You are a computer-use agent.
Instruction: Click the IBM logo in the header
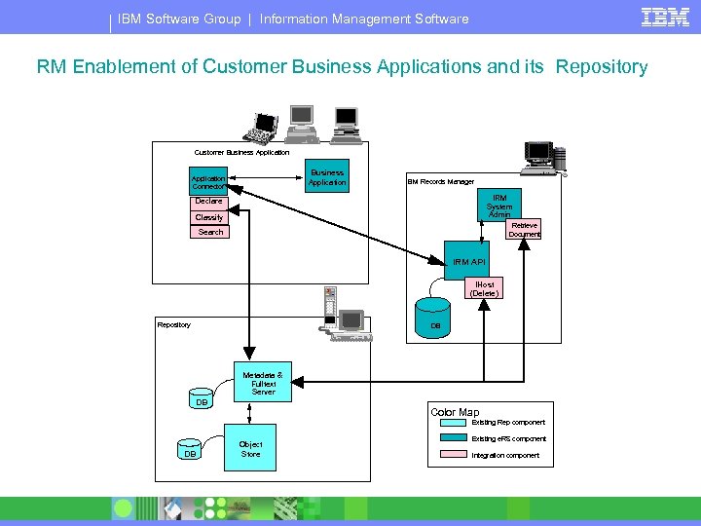coord(665,17)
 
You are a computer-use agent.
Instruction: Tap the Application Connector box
coord(208,182)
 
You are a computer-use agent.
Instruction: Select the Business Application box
coord(326,177)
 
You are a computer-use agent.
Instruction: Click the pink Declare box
coord(209,202)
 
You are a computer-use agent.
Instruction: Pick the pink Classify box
coord(209,217)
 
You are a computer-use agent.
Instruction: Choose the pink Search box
coord(210,232)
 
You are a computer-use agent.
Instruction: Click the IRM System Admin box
coord(498,206)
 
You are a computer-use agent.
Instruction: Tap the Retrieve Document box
coord(524,230)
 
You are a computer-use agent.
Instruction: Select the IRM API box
coord(468,261)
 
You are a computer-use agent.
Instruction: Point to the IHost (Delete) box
coord(484,289)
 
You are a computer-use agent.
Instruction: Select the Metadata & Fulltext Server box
coord(263,383)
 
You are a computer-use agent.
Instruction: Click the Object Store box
coord(250,449)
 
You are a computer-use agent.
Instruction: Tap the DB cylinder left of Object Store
coord(190,452)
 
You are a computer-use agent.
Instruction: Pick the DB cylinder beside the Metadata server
coord(202,400)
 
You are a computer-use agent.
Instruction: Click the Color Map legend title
coord(455,412)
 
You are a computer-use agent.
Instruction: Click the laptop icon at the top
coord(263,124)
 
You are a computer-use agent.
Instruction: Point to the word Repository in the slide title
coord(601,67)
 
